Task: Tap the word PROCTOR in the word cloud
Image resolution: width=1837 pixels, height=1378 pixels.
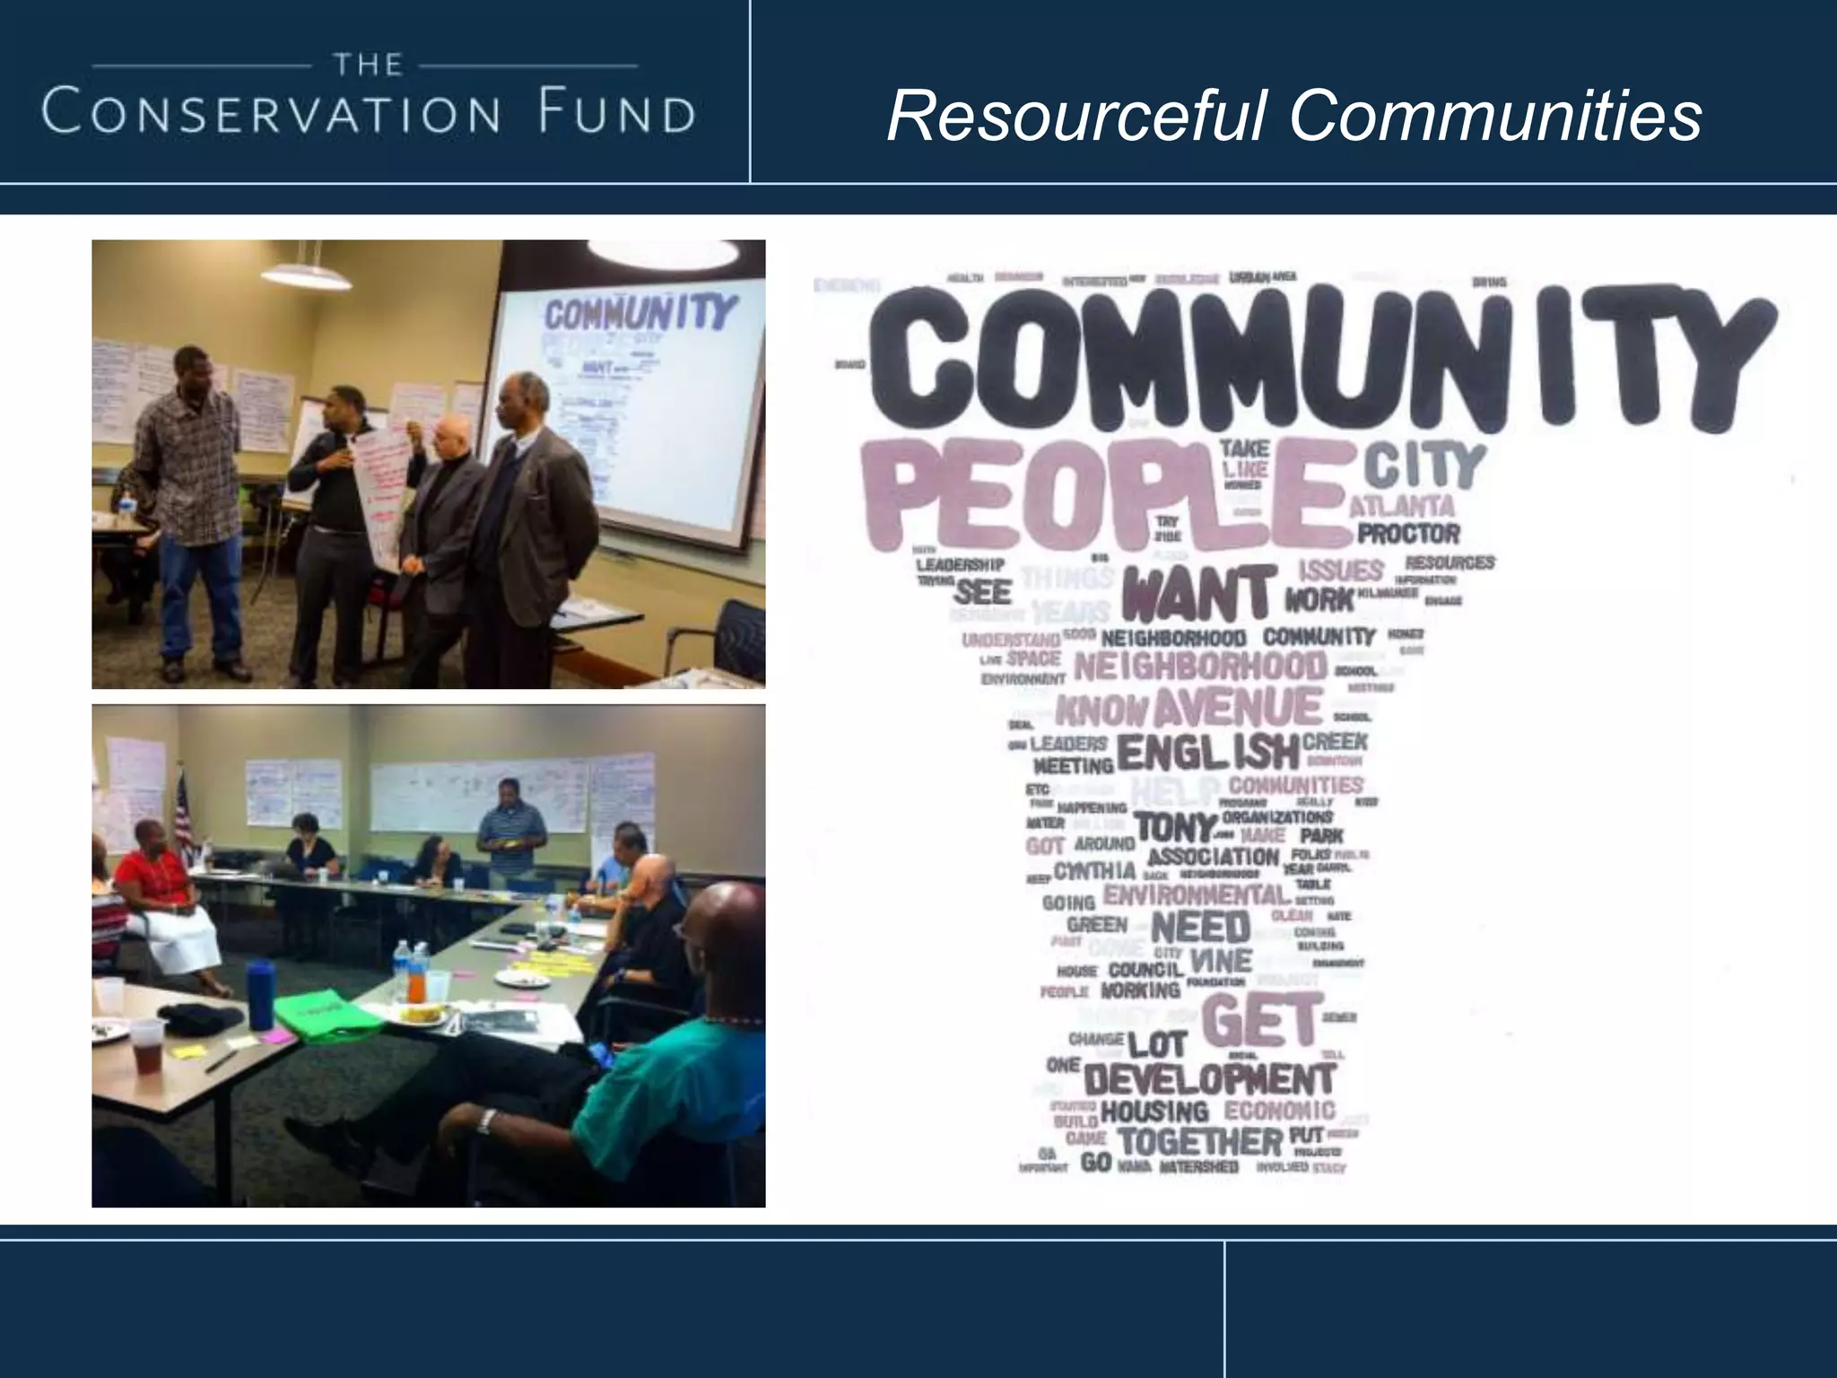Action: tap(1408, 535)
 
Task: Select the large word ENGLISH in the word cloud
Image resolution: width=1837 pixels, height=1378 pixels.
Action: tap(1207, 753)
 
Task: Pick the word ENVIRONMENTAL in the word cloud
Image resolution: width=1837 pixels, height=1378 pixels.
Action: tap(1197, 894)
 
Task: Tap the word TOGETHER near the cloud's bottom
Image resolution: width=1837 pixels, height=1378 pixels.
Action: tap(1201, 1142)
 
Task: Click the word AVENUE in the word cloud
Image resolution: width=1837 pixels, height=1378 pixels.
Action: tap(1238, 707)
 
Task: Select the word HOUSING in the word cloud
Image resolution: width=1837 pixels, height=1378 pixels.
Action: tap(1154, 1112)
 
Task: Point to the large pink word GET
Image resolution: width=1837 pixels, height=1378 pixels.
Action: tap(1259, 1022)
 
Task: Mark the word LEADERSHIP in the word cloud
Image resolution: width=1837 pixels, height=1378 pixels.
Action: tap(960, 565)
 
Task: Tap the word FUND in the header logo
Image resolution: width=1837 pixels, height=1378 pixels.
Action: tap(614, 114)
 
